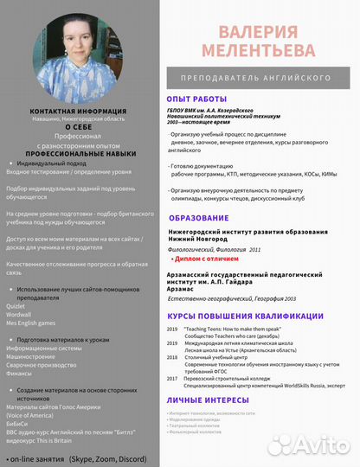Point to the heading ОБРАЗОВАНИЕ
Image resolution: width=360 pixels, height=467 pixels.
[x=199, y=217]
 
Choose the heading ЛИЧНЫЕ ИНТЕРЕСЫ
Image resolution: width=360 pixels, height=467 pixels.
[x=213, y=400]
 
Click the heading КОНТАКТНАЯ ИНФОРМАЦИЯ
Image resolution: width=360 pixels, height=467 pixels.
[x=78, y=112]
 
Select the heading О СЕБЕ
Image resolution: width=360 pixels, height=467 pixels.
[x=78, y=127]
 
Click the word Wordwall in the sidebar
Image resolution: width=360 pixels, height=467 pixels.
[x=20, y=314]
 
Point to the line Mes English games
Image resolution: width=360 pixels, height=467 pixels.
[x=32, y=323]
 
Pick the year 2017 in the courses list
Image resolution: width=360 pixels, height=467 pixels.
[x=172, y=378]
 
